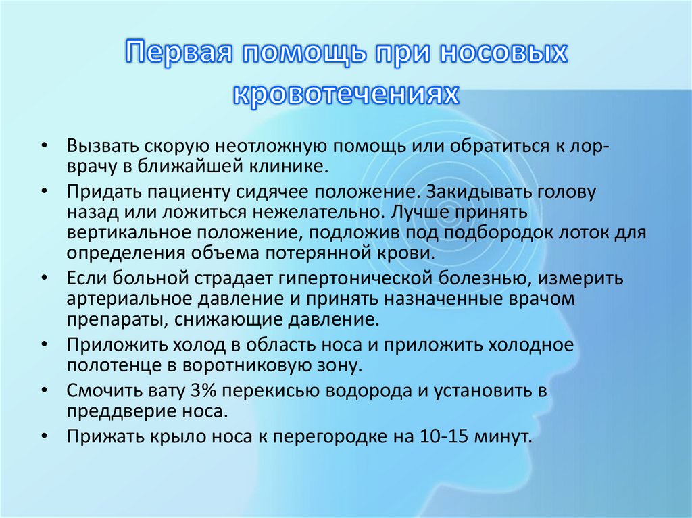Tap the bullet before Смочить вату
click(44, 390)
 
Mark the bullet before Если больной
click(44, 278)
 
